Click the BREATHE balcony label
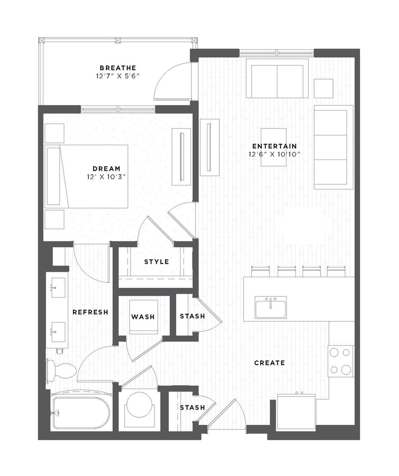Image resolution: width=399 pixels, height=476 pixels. (x=118, y=68)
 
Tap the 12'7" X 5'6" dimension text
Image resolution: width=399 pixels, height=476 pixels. (x=118, y=76)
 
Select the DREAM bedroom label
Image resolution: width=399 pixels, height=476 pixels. (x=107, y=169)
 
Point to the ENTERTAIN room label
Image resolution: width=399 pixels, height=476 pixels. (x=274, y=146)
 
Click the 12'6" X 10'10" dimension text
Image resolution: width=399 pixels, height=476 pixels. (x=274, y=154)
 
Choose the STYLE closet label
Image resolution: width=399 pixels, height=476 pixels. (x=157, y=262)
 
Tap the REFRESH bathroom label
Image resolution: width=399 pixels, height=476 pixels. (x=90, y=312)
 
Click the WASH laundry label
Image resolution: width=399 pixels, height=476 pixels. (x=143, y=317)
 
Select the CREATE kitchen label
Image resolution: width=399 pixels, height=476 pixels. (x=270, y=363)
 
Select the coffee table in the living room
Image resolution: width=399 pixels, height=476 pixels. (x=274, y=147)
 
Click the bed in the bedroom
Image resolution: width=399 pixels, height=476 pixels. (x=86, y=176)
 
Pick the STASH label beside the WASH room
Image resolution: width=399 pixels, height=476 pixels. (x=192, y=316)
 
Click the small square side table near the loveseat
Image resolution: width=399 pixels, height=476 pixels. (x=323, y=88)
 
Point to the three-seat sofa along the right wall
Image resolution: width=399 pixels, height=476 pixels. (x=333, y=147)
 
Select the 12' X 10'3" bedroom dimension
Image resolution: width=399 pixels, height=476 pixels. (x=106, y=177)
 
